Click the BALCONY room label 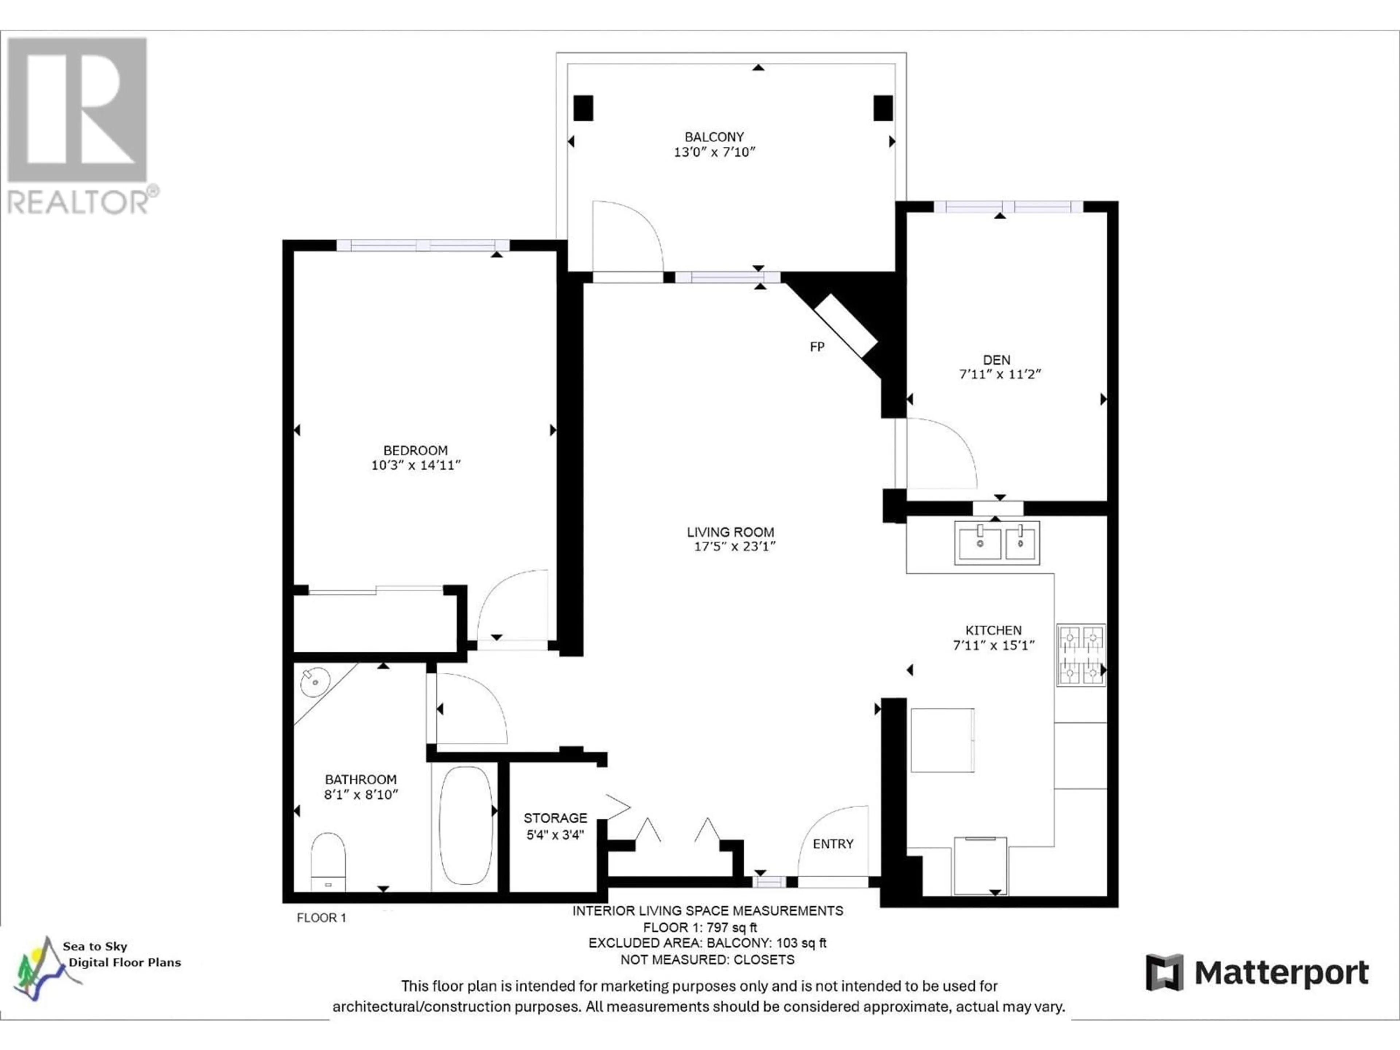[714, 137]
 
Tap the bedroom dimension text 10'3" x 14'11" [416, 465]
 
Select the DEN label [997, 359]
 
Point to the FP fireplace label [817, 347]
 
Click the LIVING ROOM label [730, 532]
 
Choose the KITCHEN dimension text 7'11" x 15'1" [993, 646]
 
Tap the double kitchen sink [997, 542]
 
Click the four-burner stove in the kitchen [1081, 655]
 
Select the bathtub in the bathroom [466, 825]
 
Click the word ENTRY [833, 844]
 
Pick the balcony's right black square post [883, 108]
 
